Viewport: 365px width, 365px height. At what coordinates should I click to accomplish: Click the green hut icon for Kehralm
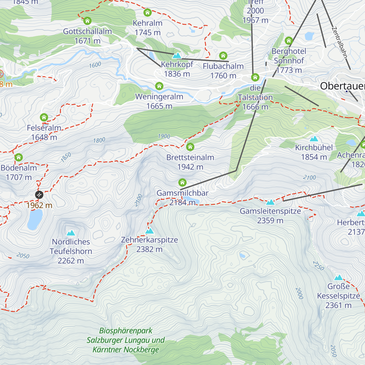[148, 12]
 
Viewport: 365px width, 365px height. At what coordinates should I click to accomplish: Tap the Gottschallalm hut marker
[87, 21]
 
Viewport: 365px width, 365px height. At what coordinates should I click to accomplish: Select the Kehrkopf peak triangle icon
[177, 56]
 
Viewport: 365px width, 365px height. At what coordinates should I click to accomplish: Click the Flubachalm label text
[223, 66]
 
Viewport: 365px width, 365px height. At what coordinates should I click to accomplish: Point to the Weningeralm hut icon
[159, 86]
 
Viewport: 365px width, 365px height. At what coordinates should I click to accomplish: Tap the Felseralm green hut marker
[44, 117]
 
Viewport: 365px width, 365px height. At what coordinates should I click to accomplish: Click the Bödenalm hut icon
[19, 157]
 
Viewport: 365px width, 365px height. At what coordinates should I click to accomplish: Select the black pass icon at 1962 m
[39, 195]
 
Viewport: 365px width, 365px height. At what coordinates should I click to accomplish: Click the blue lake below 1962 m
[35, 219]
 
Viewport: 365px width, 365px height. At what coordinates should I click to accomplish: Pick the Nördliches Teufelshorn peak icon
[71, 233]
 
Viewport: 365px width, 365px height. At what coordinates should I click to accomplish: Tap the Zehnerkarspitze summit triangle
[149, 231]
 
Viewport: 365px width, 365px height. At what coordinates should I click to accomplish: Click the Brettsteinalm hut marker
[190, 147]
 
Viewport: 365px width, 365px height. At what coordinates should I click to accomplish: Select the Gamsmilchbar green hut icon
[182, 182]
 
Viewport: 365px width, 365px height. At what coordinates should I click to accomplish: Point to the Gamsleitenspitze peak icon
[270, 202]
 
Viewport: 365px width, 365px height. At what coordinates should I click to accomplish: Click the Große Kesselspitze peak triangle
[339, 277]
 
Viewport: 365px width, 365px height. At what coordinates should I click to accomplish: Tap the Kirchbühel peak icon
[314, 139]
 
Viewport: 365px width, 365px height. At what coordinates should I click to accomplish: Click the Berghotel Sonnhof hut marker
[289, 40]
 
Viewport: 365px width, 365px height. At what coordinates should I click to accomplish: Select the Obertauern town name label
[342, 86]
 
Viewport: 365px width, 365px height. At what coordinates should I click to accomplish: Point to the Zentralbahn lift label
[339, 43]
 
